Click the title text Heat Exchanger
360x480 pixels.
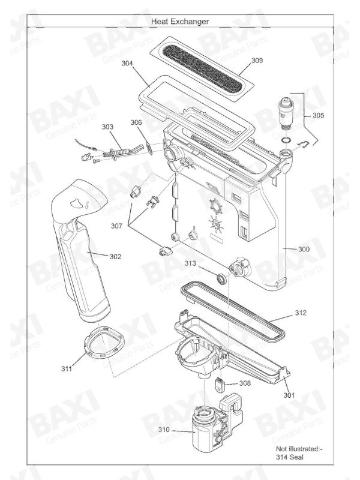[180, 21]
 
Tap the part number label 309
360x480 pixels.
[257, 61]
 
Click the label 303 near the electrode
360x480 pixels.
[107, 127]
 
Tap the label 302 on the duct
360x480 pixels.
[115, 256]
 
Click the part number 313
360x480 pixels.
[190, 263]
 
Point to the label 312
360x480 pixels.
[301, 313]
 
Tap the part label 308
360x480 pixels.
[245, 382]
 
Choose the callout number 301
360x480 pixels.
[290, 395]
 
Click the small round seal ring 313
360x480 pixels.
[221, 278]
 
